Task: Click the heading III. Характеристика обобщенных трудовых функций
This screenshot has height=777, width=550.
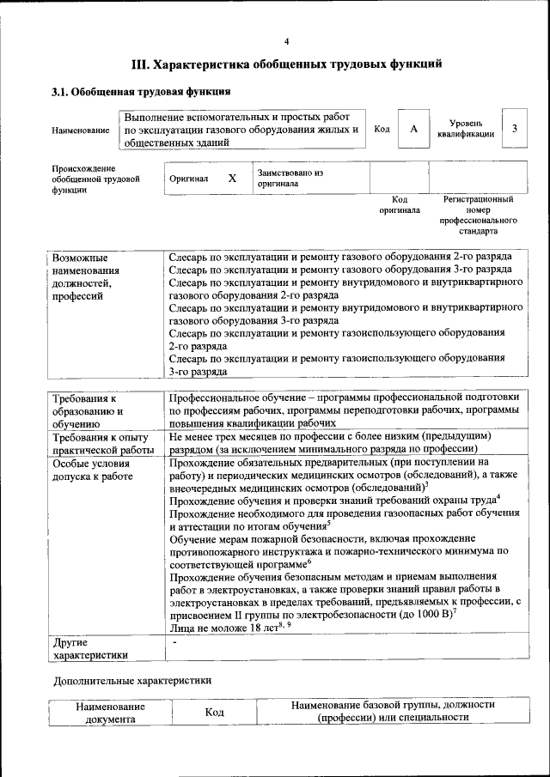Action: point(287,64)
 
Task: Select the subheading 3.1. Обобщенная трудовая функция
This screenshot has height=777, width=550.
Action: point(140,91)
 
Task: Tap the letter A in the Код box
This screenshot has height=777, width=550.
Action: point(414,129)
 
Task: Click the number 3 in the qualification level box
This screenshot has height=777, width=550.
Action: point(514,129)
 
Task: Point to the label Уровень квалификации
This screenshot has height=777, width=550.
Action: point(465,129)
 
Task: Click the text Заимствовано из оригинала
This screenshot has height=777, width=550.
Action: point(290,178)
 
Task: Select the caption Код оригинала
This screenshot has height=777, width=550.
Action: point(399,204)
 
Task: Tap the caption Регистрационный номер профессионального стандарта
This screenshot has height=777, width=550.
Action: point(479,215)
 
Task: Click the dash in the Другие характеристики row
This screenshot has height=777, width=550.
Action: point(174,642)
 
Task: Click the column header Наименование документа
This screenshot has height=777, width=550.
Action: point(109,713)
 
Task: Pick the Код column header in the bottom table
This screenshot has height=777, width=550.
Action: point(215,713)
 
